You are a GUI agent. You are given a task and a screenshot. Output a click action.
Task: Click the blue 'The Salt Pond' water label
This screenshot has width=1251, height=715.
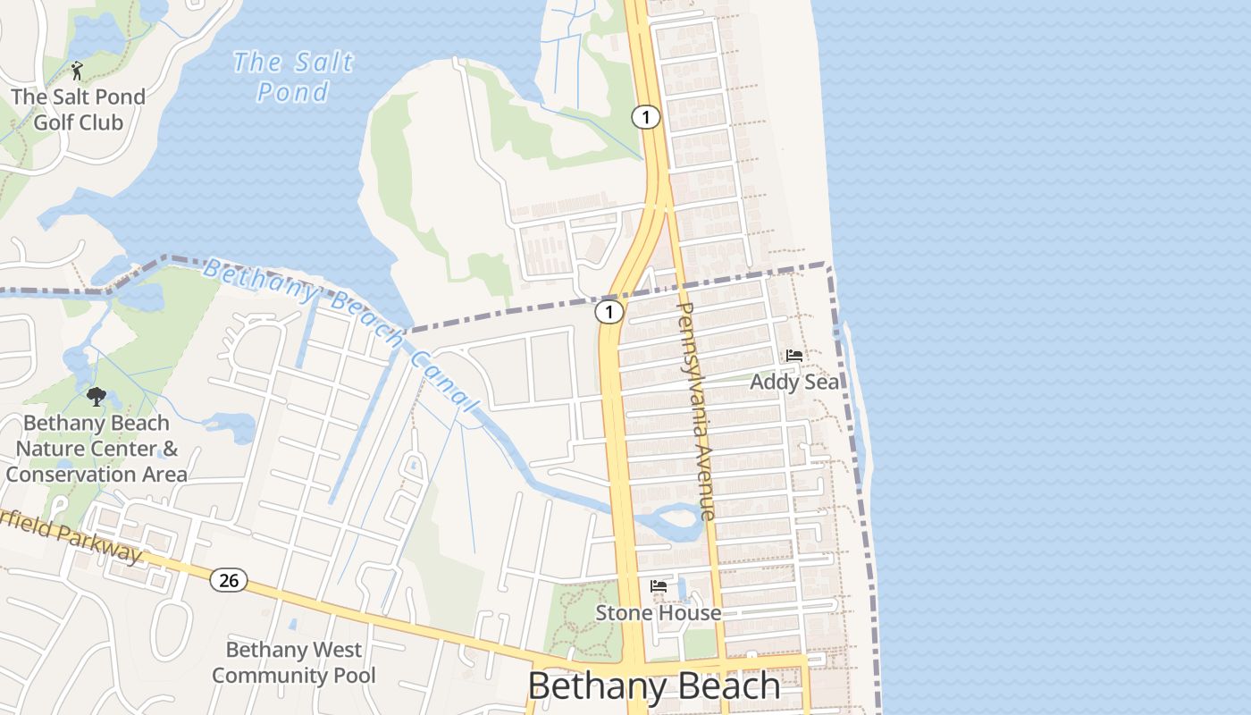292,76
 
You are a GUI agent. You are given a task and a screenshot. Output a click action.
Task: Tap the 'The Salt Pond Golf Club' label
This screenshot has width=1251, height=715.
78,109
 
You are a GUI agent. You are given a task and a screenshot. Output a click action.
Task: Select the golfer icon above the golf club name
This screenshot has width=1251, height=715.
77,70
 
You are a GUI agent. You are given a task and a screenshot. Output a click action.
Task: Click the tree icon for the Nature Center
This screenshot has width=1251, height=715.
97,396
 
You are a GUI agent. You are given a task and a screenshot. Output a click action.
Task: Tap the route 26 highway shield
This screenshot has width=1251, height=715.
229,580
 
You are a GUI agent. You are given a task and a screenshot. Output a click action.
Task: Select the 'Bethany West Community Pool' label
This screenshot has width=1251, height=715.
293,662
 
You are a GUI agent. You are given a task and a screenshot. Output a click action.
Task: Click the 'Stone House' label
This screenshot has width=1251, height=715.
659,612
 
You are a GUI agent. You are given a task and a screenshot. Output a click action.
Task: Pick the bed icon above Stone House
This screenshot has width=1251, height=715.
659,586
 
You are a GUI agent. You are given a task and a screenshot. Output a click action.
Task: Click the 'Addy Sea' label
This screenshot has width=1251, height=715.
794,382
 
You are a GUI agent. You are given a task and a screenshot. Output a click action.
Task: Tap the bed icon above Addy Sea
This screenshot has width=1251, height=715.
793,356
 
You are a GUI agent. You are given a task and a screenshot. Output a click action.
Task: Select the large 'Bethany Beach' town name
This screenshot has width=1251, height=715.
654,686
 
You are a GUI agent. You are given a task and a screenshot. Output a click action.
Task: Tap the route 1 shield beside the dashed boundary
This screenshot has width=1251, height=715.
609,312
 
